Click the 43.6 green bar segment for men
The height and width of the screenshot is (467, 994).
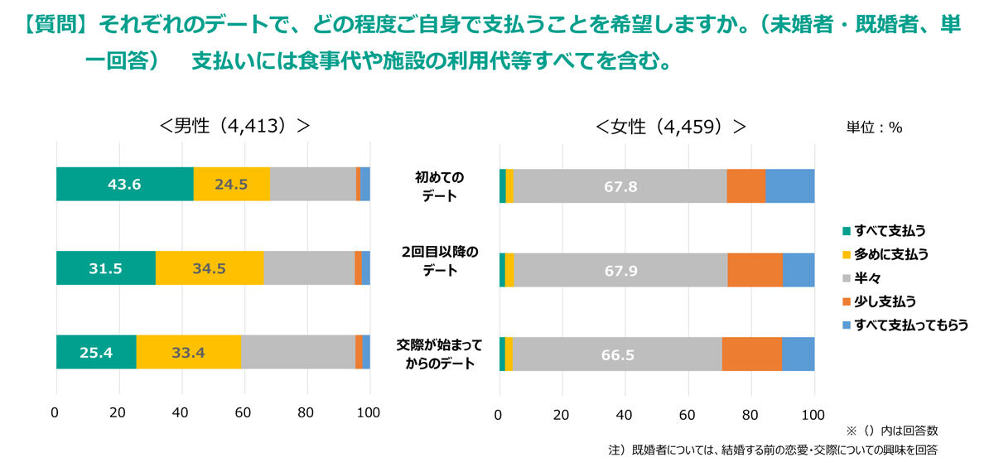pos(124,185)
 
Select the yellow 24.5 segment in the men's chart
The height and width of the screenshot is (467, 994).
pos(231,185)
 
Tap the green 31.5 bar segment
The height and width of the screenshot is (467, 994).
pos(105,268)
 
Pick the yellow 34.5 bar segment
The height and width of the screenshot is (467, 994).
pos(209,268)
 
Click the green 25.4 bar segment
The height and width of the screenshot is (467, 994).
pos(96,353)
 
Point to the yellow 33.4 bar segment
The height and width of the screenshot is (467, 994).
pos(188,353)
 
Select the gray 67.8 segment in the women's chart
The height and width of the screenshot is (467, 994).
pos(620,186)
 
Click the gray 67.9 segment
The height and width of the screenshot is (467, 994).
pos(620,270)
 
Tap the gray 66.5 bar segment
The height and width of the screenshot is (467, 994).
pos(617,354)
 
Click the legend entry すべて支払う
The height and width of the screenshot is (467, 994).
pos(883,230)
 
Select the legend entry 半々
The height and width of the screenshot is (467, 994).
pos(866,277)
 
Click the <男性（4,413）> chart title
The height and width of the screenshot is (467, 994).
pos(235,126)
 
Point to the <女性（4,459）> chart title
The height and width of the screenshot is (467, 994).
pos(671,127)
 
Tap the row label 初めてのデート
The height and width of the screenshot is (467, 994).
pos(440,186)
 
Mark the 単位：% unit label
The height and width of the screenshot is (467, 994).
pos(874,128)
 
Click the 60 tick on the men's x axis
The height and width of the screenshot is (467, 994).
pos(244,412)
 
